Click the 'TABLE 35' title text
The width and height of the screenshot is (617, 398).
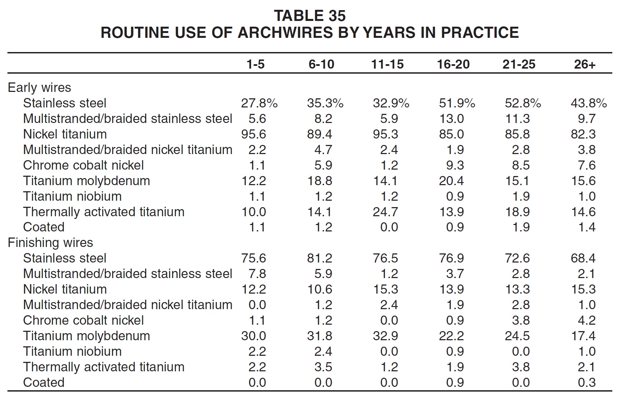coord(310,16)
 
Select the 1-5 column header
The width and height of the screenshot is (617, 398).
coord(255,64)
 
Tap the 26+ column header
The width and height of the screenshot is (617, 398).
coord(585,64)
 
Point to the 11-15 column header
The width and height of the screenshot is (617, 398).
coord(387,64)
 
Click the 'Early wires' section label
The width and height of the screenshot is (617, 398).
coord(40,88)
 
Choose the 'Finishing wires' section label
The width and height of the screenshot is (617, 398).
coord(50,243)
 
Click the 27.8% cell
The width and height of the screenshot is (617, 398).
coord(259,103)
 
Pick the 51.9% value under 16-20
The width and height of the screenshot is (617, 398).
coord(457,103)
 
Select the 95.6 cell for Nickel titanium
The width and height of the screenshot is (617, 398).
coord(254,134)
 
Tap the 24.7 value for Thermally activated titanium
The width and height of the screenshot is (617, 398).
coord(385,212)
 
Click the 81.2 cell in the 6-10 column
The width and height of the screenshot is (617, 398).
coord(319,258)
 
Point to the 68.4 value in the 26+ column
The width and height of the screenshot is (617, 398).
coord(583,258)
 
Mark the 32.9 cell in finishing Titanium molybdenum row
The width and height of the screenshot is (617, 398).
coord(385,336)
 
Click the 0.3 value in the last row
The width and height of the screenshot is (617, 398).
coord(587,382)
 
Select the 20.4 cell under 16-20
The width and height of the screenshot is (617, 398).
coord(451,181)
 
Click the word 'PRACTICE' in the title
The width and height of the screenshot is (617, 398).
coord(480,33)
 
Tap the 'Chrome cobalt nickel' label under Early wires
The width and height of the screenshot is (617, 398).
coord(83,165)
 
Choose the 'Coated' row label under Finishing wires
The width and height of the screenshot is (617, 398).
coord(44,382)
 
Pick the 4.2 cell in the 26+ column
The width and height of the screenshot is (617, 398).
coord(587,320)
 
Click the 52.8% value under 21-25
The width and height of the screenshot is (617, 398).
coord(523,103)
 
